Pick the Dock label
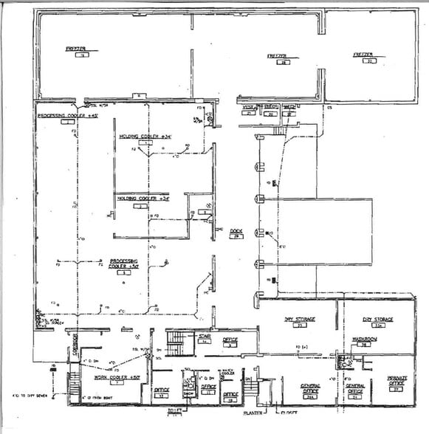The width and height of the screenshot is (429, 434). coord(236,232)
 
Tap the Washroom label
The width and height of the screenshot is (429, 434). coord(363,340)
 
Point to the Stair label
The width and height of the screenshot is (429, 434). coord(204,337)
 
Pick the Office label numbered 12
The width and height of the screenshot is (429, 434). coord(162,391)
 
